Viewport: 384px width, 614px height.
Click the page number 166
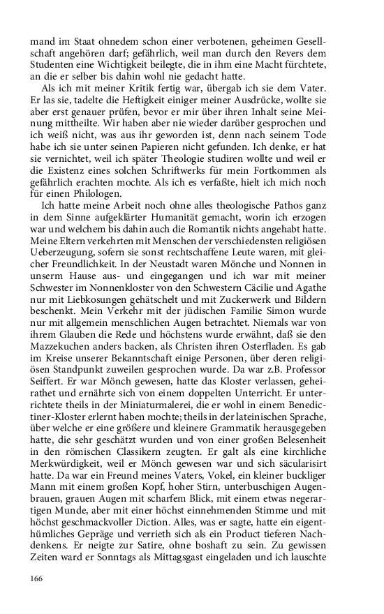coord(37,578)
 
